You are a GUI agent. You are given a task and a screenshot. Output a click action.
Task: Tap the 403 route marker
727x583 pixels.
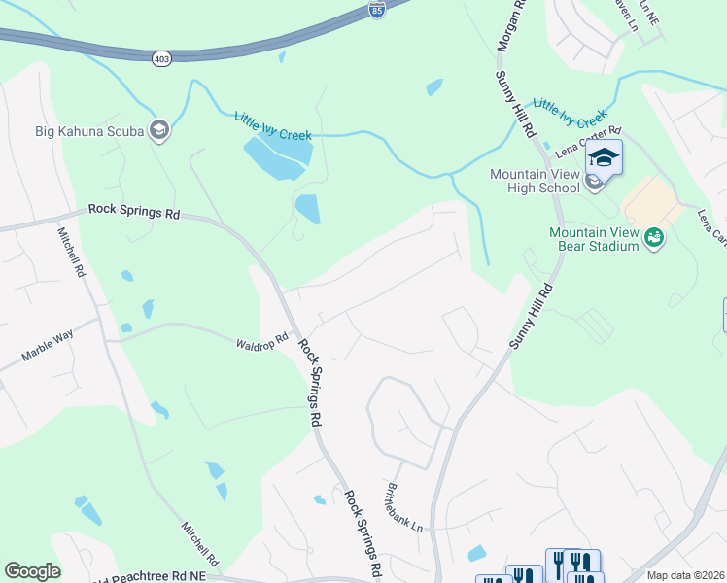pyautogui.click(x=161, y=58)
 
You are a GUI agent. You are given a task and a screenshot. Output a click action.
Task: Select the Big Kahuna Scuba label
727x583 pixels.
pyautogui.click(x=89, y=130)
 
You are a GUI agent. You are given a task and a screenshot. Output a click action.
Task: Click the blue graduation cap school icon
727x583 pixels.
pyautogui.click(x=604, y=157)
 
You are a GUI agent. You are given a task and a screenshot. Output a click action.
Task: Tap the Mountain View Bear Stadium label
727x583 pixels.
pyautogui.click(x=594, y=239)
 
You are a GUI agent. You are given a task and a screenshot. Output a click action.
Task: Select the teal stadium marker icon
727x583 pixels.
pyautogui.click(x=654, y=235)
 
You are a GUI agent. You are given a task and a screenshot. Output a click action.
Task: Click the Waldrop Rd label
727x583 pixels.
pyautogui.click(x=262, y=342)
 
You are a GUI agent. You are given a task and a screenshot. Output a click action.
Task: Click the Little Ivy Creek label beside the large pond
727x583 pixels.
pyautogui.click(x=272, y=126)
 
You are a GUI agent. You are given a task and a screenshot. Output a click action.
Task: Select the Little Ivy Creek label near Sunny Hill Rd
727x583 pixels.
pyautogui.click(x=571, y=114)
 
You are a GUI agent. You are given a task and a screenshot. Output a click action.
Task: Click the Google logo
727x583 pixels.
pyautogui.click(x=32, y=571)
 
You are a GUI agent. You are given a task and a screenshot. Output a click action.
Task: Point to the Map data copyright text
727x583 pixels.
pyautogui.click(x=686, y=575)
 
